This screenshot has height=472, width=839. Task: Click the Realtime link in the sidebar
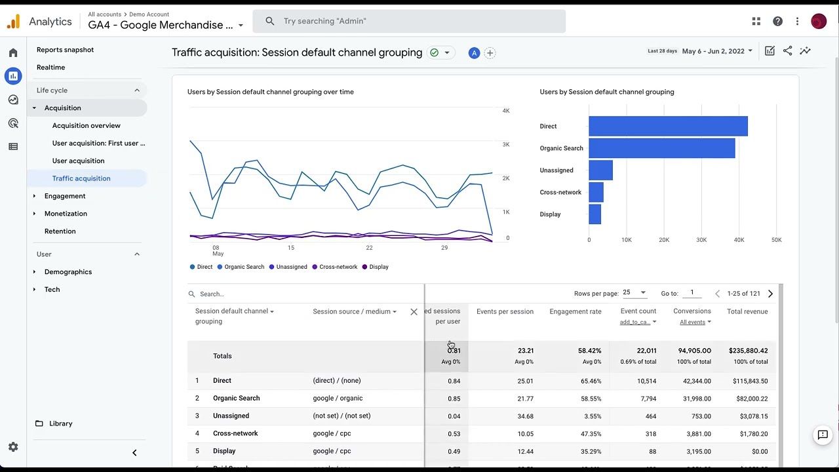click(x=50, y=68)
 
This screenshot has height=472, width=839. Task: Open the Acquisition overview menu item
click(x=86, y=125)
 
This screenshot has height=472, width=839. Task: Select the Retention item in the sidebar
click(x=60, y=231)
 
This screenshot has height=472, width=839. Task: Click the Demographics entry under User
click(x=68, y=272)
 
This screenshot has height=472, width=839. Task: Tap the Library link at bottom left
click(x=60, y=423)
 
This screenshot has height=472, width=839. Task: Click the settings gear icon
click(x=13, y=447)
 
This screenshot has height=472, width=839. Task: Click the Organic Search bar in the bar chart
click(x=661, y=148)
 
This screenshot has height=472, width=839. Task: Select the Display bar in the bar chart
click(x=595, y=214)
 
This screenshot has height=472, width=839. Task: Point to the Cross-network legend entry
click(x=338, y=267)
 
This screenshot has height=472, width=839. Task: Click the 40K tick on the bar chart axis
click(x=739, y=240)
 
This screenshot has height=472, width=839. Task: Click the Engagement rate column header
click(x=575, y=311)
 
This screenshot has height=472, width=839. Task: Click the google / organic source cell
click(x=338, y=399)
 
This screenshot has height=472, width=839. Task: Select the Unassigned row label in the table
click(x=231, y=416)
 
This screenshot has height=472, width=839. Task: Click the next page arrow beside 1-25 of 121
click(x=770, y=294)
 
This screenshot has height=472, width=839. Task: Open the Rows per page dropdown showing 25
click(x=634, y=293)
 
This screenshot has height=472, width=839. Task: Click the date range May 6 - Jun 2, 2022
click(x=717, y=51)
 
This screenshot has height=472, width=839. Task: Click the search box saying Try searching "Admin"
click(x=409, y=21)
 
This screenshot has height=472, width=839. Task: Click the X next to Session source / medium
click(x=414, y=312)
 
